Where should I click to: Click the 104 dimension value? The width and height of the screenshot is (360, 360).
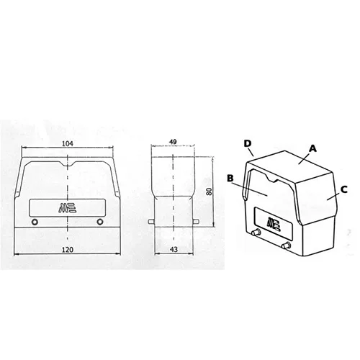[68, 144]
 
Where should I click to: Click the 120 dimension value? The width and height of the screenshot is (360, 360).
[68, 250]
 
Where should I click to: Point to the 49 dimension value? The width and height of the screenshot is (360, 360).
[173, 142]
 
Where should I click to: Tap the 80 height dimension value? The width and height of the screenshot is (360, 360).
[210, 192]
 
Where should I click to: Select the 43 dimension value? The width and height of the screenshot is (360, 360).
[174, 250]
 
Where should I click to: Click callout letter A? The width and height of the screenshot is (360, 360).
[312, 148]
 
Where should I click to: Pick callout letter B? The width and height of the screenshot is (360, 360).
[230, 178]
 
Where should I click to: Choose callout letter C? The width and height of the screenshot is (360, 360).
[344, 189]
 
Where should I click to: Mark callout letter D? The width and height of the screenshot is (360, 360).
[248, 143]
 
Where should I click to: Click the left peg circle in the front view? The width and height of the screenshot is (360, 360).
[35, 222]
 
